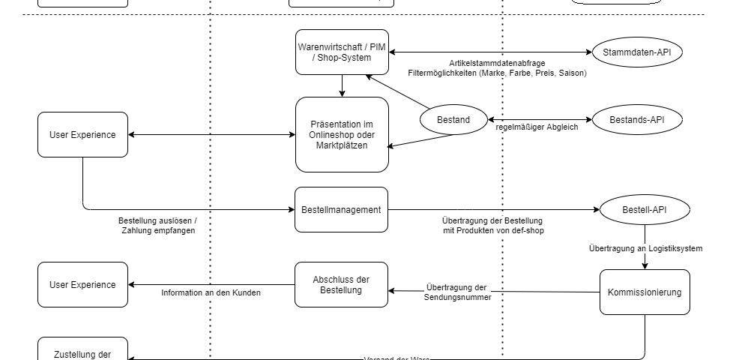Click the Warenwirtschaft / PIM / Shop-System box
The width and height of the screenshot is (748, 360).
[342, 52]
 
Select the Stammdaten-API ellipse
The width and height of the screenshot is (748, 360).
[637, 52]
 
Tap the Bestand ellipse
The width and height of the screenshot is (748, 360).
[453, 120]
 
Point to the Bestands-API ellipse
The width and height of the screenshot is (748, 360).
[637, 119]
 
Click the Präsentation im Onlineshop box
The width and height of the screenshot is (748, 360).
[342, 134]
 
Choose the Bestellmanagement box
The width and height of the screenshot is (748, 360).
[341, 210]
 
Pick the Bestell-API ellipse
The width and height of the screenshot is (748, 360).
[644, 210]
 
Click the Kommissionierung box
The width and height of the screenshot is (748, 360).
[645, 292]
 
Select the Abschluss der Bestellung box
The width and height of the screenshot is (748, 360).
[341, 284]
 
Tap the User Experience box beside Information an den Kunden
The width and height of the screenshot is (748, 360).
[82, 285]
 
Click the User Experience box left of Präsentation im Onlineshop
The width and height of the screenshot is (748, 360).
[82, 135]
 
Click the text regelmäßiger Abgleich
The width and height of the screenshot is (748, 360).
[537, 127]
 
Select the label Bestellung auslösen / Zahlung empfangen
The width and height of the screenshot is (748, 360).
[157, 226]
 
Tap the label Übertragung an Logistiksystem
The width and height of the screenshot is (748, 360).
[645, 247]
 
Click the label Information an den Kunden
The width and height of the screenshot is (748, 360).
[211, 292]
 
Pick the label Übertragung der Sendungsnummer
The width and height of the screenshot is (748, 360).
[456, 292]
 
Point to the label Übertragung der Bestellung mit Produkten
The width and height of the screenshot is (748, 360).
[492, 225]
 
